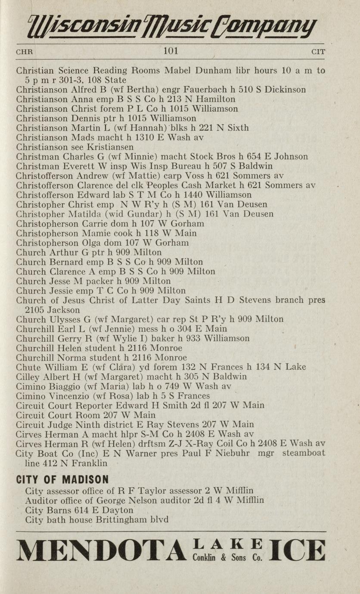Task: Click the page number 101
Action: pos(171,51)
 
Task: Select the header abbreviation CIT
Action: pos(318,53)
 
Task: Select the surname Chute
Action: pos(28,367)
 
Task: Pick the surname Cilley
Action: pos(29,377)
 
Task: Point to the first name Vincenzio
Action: pos(68,396)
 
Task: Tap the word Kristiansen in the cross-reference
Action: pos(108,147)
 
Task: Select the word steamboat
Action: pos(304,453)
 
